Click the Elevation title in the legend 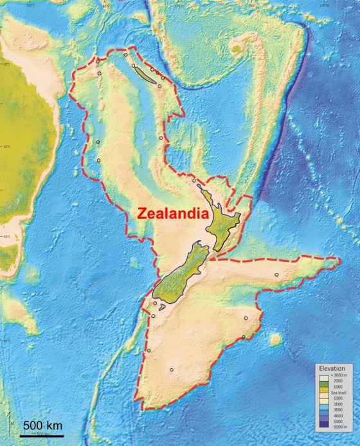[332, 367]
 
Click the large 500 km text [42, 425]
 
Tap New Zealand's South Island [182, 277]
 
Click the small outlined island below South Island [163, 308]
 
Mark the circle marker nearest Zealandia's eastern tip [276, 275]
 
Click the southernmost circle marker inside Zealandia [171, 369]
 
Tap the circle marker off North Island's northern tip [194, 181]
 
